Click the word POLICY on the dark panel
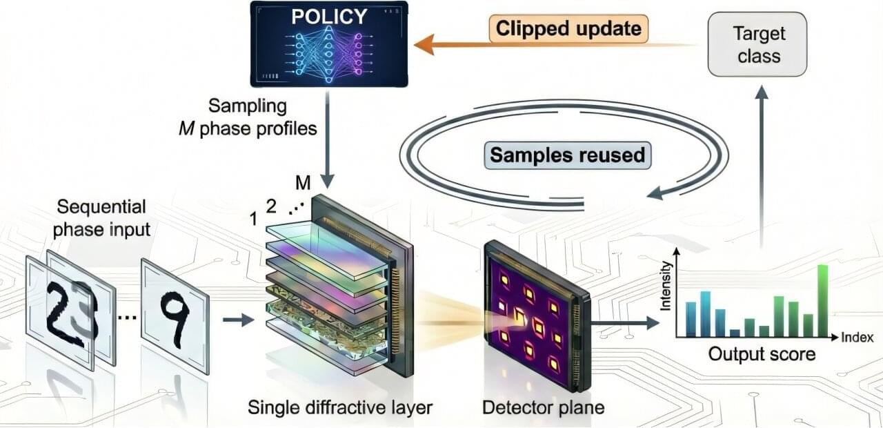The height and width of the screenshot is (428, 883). coord(328,17)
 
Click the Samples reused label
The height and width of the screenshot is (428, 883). coord(567,155)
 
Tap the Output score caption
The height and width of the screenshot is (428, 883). coord(761,355)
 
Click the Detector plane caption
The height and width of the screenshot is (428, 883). coord(542,407)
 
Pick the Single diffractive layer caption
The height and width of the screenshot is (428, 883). coord(340,407)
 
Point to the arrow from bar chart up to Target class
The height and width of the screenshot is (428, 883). coord(762,173)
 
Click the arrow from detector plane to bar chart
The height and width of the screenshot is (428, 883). coord(624,322)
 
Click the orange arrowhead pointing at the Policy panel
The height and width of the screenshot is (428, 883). coord(422,46)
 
